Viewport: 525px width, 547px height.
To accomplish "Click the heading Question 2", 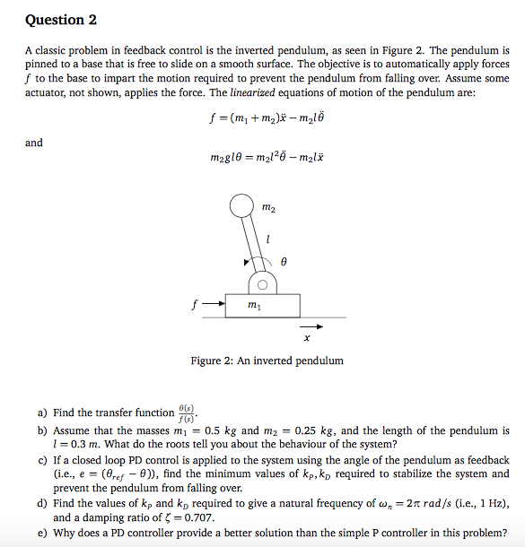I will click(61, 20).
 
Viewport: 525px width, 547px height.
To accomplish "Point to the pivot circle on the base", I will click(262, 284).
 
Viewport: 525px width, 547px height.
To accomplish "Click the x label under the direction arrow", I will click(307, 339).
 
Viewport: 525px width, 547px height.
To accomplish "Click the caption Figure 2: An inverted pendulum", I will click(267, 360).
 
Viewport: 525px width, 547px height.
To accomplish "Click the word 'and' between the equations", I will click(34, 143).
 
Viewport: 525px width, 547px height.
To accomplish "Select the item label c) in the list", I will click(42, 460).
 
